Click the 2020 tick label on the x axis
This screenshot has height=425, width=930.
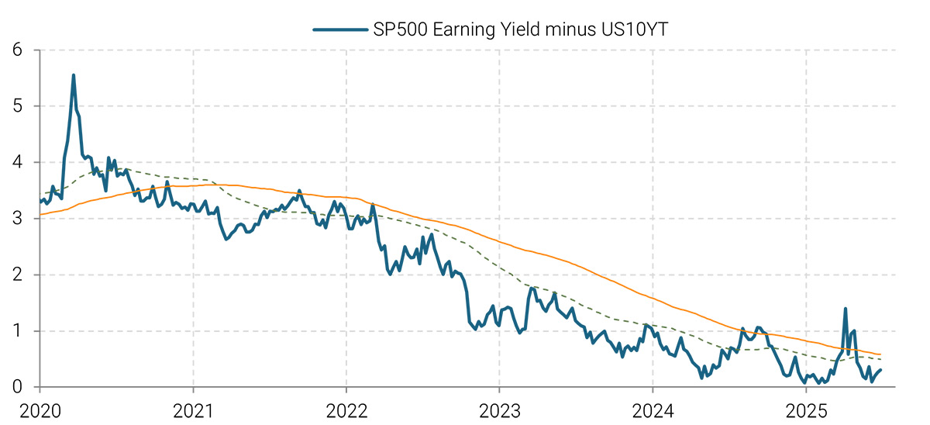point(40,408)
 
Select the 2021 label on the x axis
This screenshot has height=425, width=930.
point(193,408)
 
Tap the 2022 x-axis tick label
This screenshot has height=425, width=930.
point(346,408)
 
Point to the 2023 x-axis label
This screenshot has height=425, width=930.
point(500,408)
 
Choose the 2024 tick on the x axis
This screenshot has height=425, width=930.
point(653,408)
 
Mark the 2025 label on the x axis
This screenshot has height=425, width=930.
point(806,408)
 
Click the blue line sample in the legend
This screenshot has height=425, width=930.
point(339,29)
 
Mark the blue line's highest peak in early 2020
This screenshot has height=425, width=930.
point(74,75)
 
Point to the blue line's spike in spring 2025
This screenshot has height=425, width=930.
point(845,309)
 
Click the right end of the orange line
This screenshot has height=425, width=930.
point(880,354)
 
